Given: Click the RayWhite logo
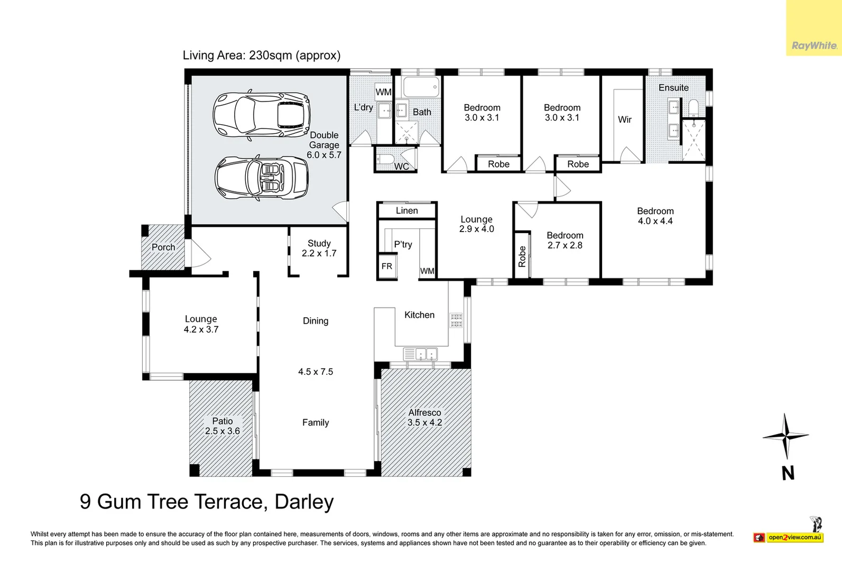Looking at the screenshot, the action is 814,46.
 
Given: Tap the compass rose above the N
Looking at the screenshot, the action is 785,436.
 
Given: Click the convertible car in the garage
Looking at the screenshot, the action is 262,178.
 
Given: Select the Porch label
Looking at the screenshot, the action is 163,247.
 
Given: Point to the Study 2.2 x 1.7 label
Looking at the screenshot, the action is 319,248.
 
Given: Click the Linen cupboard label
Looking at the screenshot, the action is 406,210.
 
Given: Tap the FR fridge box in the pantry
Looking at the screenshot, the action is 387,266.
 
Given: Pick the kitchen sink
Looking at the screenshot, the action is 420,354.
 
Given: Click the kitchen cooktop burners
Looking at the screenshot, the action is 456,320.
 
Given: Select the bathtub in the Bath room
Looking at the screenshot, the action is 421,87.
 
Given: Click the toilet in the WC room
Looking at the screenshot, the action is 385,159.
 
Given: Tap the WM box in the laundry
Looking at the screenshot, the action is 383,92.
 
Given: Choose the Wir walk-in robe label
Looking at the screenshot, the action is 625,119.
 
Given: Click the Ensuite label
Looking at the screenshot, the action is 673,88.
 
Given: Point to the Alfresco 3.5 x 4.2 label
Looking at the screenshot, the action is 425,418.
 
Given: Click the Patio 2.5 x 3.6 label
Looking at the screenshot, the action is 223,426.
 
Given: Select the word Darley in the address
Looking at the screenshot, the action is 304,502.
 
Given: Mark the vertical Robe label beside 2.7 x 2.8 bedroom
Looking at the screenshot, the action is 522,256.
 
